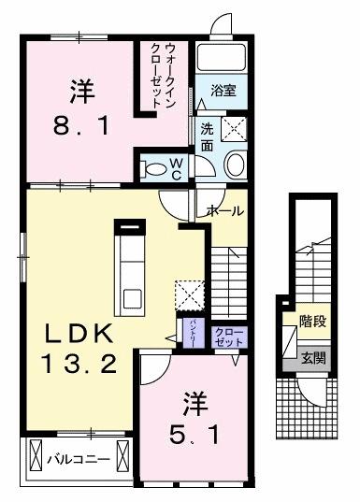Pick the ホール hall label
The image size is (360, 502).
click(225, 210)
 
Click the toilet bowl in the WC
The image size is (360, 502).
click(153, 168)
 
